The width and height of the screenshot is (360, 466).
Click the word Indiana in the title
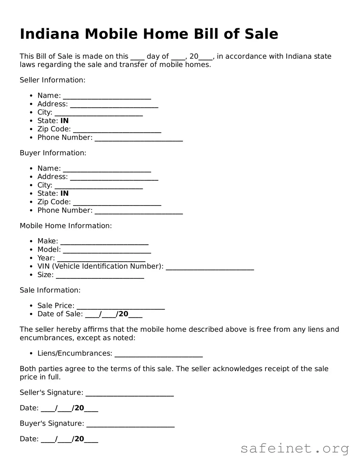pos(49,34)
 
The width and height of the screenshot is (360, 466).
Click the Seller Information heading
pos(53,80)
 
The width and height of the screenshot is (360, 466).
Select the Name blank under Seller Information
pos(107,96)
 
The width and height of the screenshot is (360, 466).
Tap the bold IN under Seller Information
pos(64,121)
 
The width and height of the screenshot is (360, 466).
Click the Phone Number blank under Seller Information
pos(139,138)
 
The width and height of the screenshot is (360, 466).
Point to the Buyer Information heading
pos(53,153)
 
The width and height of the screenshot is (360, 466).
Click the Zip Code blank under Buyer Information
pos(117,203)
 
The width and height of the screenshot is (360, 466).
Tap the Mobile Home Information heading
pos(66,226)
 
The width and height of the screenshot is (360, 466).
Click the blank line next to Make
pos(104,242)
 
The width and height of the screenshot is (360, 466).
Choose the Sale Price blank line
pos(121,307)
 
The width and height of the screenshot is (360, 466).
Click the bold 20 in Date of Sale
pos(123,314)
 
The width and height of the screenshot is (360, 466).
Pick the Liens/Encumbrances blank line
pos(159,354)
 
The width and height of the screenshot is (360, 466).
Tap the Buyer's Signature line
pos(130,424)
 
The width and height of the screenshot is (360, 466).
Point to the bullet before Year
pos(31,258)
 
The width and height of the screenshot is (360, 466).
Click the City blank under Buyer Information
pos(99,186)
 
